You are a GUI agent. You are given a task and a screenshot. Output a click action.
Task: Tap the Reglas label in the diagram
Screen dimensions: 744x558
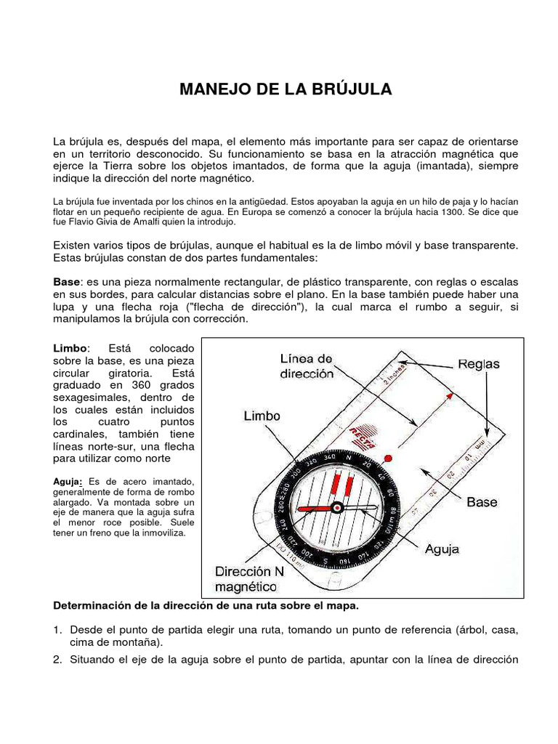(478, 364)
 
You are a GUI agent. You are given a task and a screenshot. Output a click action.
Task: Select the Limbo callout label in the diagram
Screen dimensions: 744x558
(261, 416)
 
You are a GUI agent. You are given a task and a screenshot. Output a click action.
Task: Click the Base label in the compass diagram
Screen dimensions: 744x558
(482, 501)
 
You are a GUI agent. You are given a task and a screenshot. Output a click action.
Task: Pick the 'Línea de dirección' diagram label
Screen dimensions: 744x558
(307, 366)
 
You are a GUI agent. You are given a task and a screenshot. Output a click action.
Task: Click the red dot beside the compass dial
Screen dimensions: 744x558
(387, 458)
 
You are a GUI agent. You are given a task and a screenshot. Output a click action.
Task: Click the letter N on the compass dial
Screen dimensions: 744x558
(347, 459)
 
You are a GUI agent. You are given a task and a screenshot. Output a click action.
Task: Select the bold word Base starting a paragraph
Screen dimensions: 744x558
(68, 281)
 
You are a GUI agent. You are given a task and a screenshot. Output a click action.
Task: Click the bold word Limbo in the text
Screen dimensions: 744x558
(70, 348)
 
